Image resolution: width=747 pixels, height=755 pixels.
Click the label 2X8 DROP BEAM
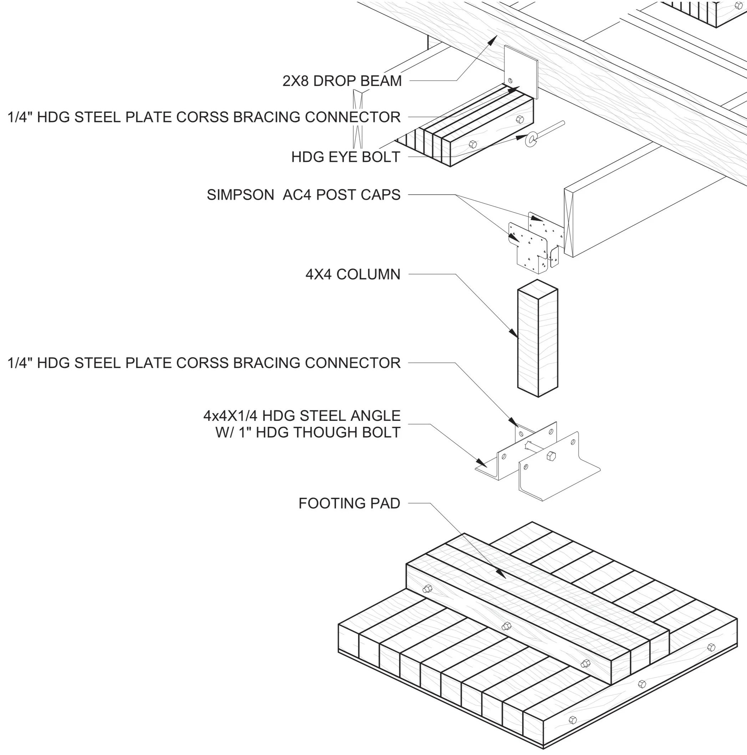click(x=342, y=81)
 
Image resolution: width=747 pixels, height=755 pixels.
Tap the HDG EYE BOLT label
click(x=346, y=157)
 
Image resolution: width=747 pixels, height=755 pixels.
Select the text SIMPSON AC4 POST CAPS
click(x=303, y=195)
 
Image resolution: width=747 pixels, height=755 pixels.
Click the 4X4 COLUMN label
click(x=352, y=274)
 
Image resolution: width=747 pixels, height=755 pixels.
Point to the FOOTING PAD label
click(x=349, y=503)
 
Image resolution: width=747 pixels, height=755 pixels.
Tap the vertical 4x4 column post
click(x=538, y=344)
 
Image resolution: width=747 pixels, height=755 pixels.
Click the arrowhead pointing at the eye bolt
click(x=520, y=138)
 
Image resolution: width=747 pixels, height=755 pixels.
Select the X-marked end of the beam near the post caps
click(x=569, y=223)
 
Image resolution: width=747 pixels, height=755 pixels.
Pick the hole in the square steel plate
click(x=510, y=81)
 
